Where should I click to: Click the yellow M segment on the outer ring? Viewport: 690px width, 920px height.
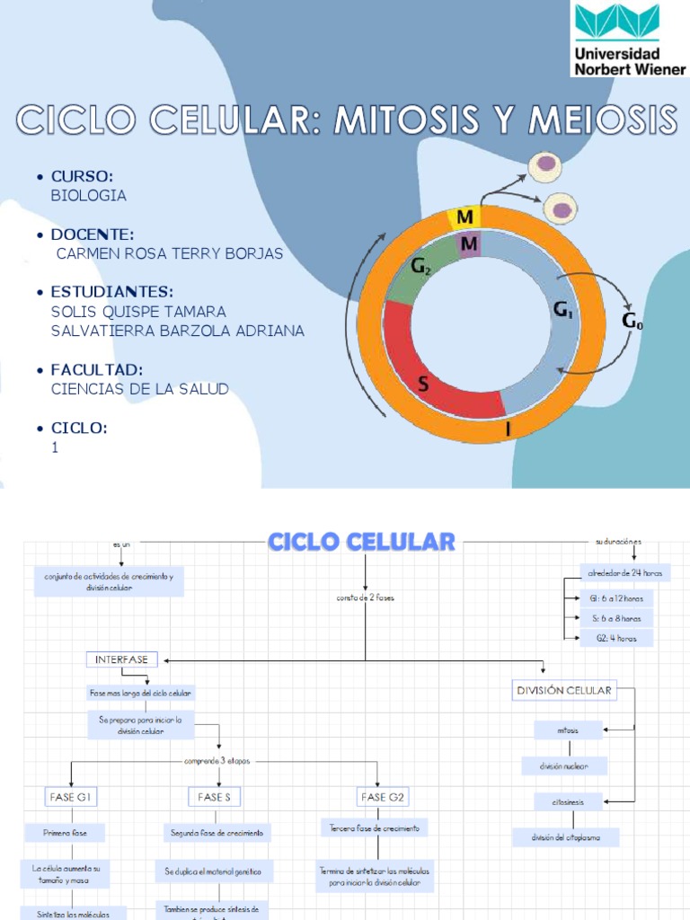point(464,218)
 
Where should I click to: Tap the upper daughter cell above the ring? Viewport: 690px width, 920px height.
point(543,166)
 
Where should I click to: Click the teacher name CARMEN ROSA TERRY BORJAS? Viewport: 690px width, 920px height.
point(169,253)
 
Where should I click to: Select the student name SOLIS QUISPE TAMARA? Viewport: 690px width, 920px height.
point(139,312)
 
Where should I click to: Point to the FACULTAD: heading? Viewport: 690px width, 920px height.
point(97,370)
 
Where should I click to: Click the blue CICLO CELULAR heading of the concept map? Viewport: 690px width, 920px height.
point(362,542)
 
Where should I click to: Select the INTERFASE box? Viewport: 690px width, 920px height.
point(122,660)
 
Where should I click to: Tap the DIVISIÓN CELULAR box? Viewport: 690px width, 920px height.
point(563,691)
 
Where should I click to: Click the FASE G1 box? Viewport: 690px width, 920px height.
point(70,796)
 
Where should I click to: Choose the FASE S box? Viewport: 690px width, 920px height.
point(215,796)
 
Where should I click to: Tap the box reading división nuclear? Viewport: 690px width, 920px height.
point(564,766)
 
